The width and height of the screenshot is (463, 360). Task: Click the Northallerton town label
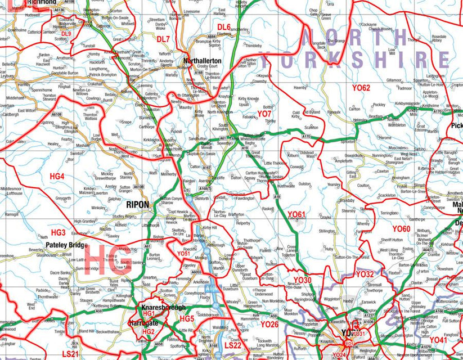[x=203, y=61]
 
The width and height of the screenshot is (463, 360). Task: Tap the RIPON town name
[x=138, y=205]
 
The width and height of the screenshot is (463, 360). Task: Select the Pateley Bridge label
[x=67, y=245]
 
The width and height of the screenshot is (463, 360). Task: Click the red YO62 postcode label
[x=361, y=88]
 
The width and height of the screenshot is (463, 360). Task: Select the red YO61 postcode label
[x=296, y=214]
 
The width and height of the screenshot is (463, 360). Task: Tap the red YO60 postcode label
[x=401, y=229]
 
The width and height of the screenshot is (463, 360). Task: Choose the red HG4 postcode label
[x=57, y=177]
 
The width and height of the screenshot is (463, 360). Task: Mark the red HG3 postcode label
[x=59, y=232]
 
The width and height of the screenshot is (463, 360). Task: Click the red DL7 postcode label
[x=163, y=39]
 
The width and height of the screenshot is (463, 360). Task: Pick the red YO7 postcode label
[x=264, y=114]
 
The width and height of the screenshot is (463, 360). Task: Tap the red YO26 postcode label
[x=269, y=324]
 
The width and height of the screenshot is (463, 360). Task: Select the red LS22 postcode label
[x=232, y=345]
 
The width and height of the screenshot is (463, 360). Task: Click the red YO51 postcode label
[x=183, y=254]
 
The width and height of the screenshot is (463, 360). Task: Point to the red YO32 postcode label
[x=365, y=274]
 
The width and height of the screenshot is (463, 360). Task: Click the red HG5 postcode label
[x=187, y=319]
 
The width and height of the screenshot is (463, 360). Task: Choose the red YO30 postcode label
[x=302, y=280]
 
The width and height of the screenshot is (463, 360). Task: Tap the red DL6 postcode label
[x=224, y=26]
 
